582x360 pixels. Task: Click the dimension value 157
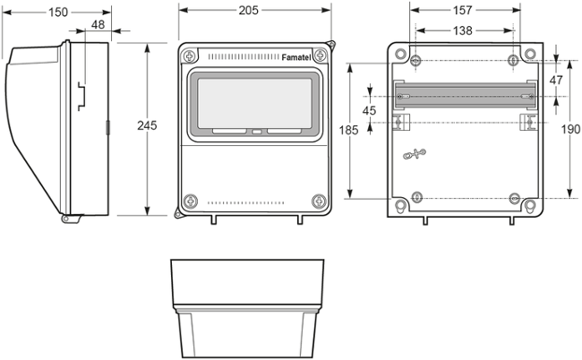463,11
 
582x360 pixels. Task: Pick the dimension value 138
463,30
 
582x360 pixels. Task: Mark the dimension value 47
556,80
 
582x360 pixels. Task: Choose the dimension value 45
370,110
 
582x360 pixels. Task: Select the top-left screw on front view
189,56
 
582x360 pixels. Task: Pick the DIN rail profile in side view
81,95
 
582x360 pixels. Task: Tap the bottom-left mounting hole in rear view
416,198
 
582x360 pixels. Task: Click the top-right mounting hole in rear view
513,61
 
